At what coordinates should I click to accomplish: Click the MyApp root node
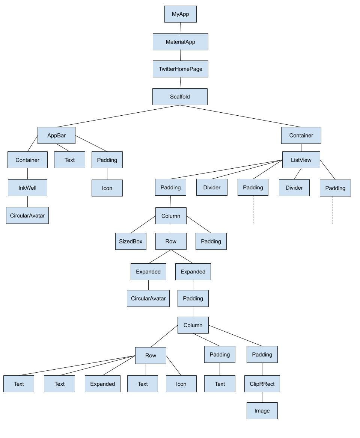coord(180,14)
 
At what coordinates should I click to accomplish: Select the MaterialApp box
coord(180,42)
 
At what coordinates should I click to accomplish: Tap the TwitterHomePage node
coord(180,69)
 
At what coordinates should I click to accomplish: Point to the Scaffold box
coord(180,97)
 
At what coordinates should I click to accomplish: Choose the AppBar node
coord(56,135)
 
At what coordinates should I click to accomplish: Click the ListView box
coord(301,160)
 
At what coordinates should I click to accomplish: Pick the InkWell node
coord(27,187)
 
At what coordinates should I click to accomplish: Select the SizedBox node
coord(131,241)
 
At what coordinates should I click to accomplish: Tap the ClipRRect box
coord(262,384)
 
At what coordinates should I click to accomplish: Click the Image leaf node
coord(262,411)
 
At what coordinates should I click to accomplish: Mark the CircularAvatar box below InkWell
coord(27,216)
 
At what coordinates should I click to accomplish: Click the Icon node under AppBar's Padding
coord(107,188)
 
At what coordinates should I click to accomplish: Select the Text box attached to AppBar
coord(69,160)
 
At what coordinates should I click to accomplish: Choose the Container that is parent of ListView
coord(301,135)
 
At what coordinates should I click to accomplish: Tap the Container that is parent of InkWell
coord(27,160)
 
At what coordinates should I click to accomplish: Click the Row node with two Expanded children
coord(171,241)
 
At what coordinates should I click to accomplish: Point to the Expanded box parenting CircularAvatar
coord(148,272)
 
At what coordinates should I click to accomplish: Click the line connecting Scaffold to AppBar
coord(118,116)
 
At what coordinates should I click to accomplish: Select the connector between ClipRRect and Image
coord(262,397)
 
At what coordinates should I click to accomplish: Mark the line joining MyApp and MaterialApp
coord(180,28)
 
